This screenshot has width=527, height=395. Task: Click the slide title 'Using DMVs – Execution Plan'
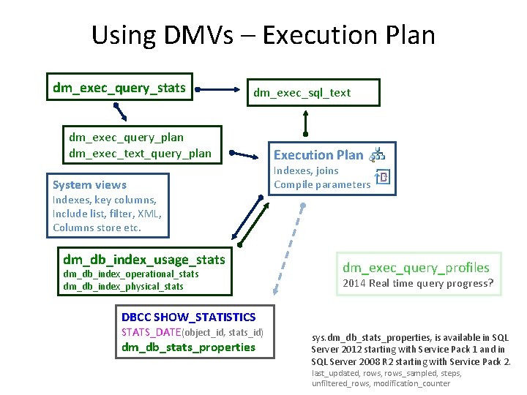pos(263,35)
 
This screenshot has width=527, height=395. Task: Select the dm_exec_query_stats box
pos(119,89)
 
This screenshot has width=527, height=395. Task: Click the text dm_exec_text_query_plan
pos(140,153)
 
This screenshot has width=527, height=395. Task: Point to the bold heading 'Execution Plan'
pos(318,154)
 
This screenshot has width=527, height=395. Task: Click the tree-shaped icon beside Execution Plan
pos(378,154)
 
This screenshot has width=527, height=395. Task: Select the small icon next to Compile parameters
pos(383,178)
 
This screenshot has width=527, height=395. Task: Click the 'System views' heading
pos(89,185)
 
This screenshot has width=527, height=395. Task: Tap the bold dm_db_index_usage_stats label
pos(144,260)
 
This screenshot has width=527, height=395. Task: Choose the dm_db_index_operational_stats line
pos(130,274)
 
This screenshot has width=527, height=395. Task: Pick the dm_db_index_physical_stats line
pos(123,286)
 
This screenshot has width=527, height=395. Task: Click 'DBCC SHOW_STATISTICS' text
pos(188,317)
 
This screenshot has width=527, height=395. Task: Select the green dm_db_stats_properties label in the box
pos(188,347)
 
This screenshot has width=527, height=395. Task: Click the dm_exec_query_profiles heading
pos(416,268)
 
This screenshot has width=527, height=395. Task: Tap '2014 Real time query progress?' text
pos(419,284)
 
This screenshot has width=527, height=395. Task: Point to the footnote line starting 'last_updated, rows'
pos(386,373)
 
